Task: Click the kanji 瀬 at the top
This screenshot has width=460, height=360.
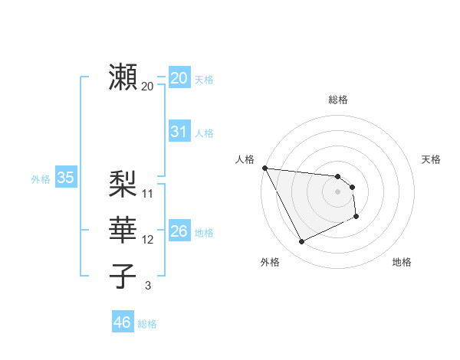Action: (123, 77)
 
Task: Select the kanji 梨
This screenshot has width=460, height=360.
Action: (123, 184)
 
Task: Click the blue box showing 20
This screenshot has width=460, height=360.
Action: (179, 78)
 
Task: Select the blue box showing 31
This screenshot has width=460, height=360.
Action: (179, 132)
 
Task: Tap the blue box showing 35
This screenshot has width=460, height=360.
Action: (65, 178)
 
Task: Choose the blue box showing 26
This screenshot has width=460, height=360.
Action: (179, 231)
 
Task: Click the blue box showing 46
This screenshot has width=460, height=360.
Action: (122, 322)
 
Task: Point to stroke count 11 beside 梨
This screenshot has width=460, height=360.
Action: (148, 194)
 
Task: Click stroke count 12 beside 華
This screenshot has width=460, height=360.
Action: (148, 240)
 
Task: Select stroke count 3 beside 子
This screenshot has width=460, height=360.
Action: (148, 286)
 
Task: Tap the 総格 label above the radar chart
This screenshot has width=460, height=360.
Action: (337, 100)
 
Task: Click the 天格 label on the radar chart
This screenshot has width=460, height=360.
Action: (432, 159)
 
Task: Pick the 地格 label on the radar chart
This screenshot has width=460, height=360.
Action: (402, 262)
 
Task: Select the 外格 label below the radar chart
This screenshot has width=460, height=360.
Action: (270, 262)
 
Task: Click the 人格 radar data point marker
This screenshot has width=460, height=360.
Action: (264, 168)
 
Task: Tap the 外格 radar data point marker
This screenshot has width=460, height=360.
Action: (301, 242)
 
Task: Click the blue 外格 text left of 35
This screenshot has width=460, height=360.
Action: (41, 179)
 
